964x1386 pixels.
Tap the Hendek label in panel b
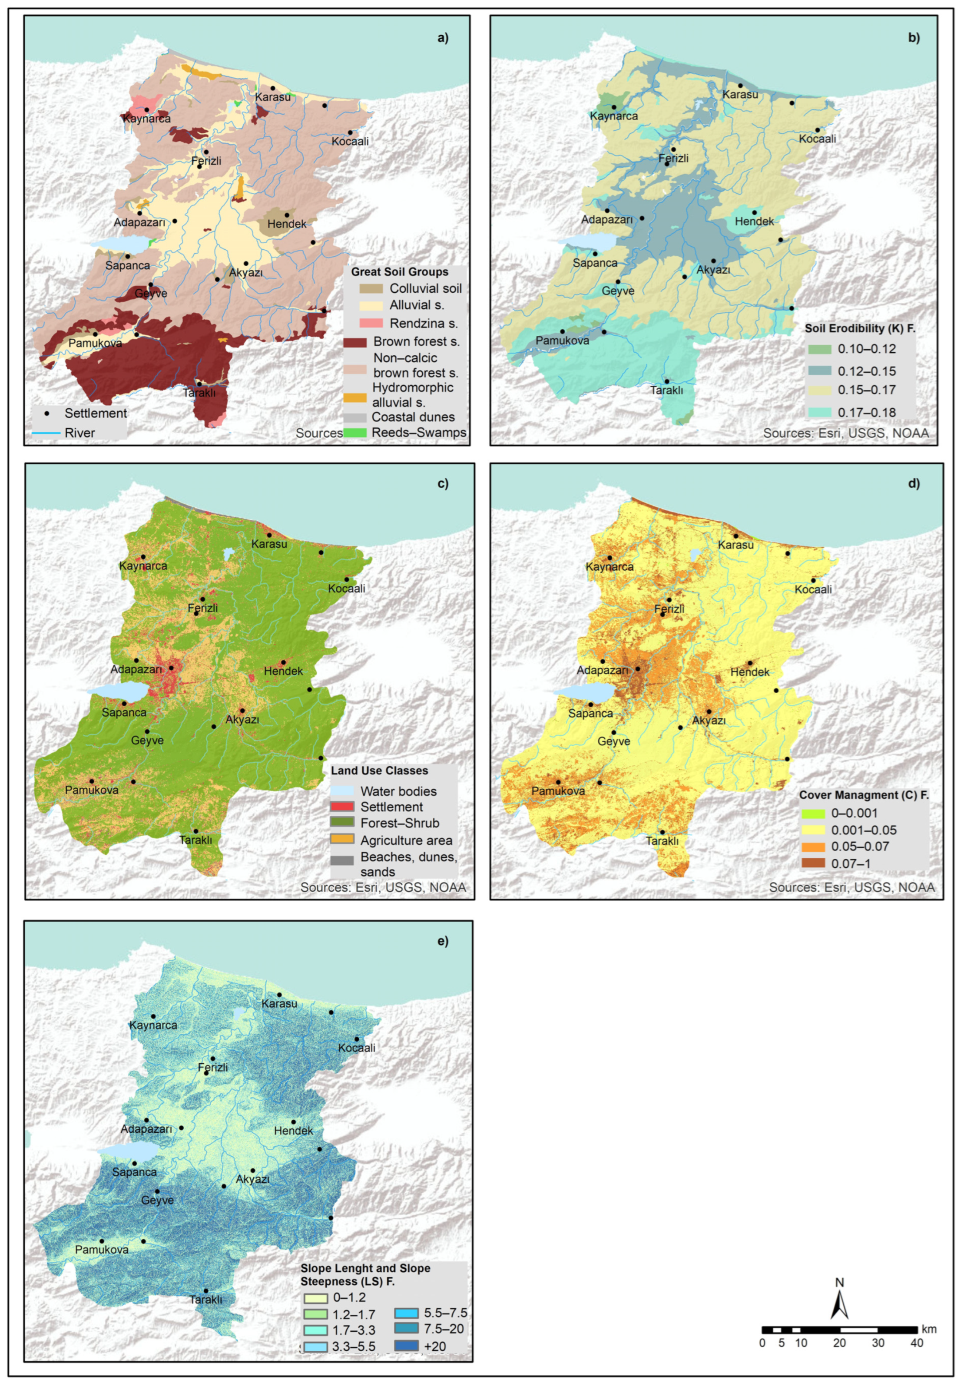click(754, 222)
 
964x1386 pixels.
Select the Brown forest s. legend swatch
click(355, 342)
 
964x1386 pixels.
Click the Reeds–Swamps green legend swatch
click(355, 433)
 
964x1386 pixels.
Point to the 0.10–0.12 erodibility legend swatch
click(820, 349)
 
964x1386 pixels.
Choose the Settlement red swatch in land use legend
click(341, 807)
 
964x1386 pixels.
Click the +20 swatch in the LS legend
click(406, 1346)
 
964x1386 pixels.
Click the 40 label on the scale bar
click(916, 1343)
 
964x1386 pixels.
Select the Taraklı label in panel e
click(206, 1300)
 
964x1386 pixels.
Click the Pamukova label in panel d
click(558, 791)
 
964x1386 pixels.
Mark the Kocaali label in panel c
click(347, 589)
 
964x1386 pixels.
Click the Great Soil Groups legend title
click(400, 271)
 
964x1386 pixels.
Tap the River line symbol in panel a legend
click(46, 433)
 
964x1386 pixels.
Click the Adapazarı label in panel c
click(136, 669)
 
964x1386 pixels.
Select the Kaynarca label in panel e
click(153, 1025)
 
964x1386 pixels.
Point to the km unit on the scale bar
click(929, 1329)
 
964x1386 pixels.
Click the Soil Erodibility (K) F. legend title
click(860, 328)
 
